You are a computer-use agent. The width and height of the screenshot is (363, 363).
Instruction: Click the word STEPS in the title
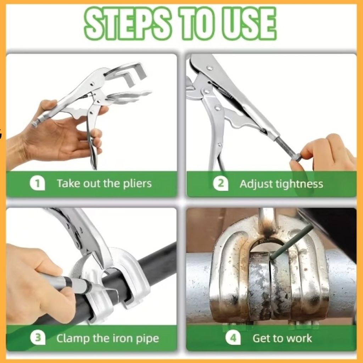(128, 23)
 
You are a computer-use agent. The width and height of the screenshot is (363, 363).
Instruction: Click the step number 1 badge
(37, 183)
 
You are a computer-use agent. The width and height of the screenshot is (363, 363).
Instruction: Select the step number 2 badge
(220, 184)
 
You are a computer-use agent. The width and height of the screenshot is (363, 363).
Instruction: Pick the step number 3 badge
(38, 338)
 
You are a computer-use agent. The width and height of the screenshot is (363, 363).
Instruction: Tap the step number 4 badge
(233, 338)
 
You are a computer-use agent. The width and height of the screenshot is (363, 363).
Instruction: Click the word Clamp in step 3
(73, 339)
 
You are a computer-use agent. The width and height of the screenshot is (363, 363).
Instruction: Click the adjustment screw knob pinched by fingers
(296, 158)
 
